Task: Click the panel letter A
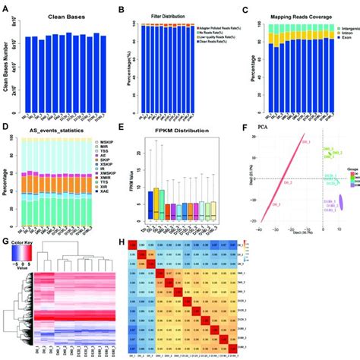(x=6, y=7)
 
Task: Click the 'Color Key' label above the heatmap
(x=24, y=246)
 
